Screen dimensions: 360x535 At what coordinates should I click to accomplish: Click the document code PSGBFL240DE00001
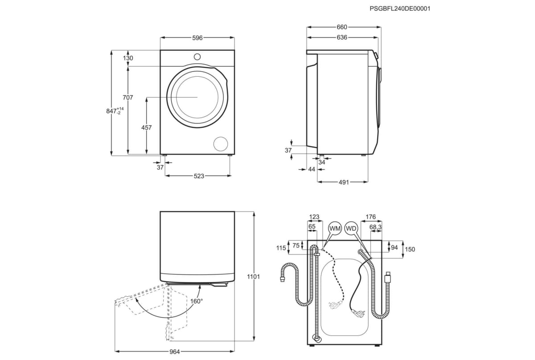(400, 8)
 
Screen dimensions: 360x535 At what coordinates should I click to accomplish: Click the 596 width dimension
(197, 38)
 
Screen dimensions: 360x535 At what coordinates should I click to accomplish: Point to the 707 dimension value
(128, 98)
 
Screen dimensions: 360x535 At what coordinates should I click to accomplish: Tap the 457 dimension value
(146, 127)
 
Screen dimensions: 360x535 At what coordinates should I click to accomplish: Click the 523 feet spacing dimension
(199, 176)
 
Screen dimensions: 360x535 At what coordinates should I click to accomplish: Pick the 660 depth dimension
(342, 27)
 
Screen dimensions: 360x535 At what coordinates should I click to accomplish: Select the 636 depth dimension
(342, 37)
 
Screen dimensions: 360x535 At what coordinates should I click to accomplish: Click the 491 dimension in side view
(343, 182)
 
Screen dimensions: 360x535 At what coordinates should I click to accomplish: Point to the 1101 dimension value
(253, 277)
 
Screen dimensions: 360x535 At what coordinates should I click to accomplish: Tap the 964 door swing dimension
(174, 352)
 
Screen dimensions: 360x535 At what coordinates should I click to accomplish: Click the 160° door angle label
(196, 301)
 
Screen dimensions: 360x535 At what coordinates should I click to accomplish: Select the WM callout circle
(335, 228)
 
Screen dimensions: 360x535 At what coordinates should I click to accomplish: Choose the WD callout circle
(351, 228)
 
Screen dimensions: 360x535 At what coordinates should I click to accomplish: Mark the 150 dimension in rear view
(410, 250)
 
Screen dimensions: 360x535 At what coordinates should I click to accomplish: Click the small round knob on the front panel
(197, 57)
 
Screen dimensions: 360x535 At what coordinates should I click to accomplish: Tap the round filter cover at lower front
(220, 143)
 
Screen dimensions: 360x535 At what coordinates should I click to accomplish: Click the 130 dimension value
(128, 58)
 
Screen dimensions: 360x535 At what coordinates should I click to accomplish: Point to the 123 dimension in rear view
(314, 217)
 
